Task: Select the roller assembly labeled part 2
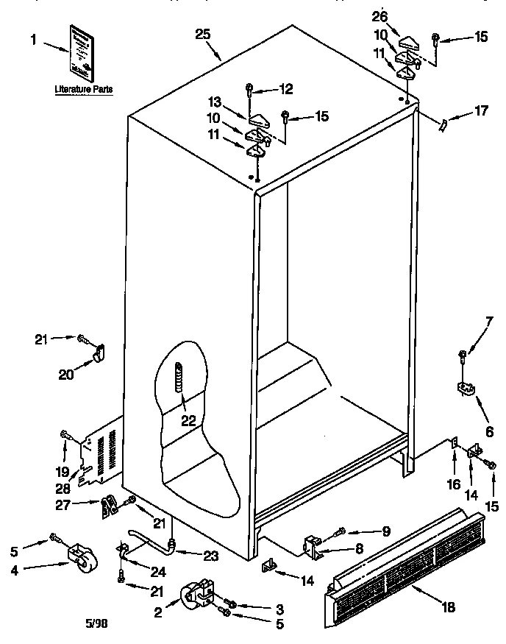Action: coord(196,595)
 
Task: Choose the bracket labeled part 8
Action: coord(313,546)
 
